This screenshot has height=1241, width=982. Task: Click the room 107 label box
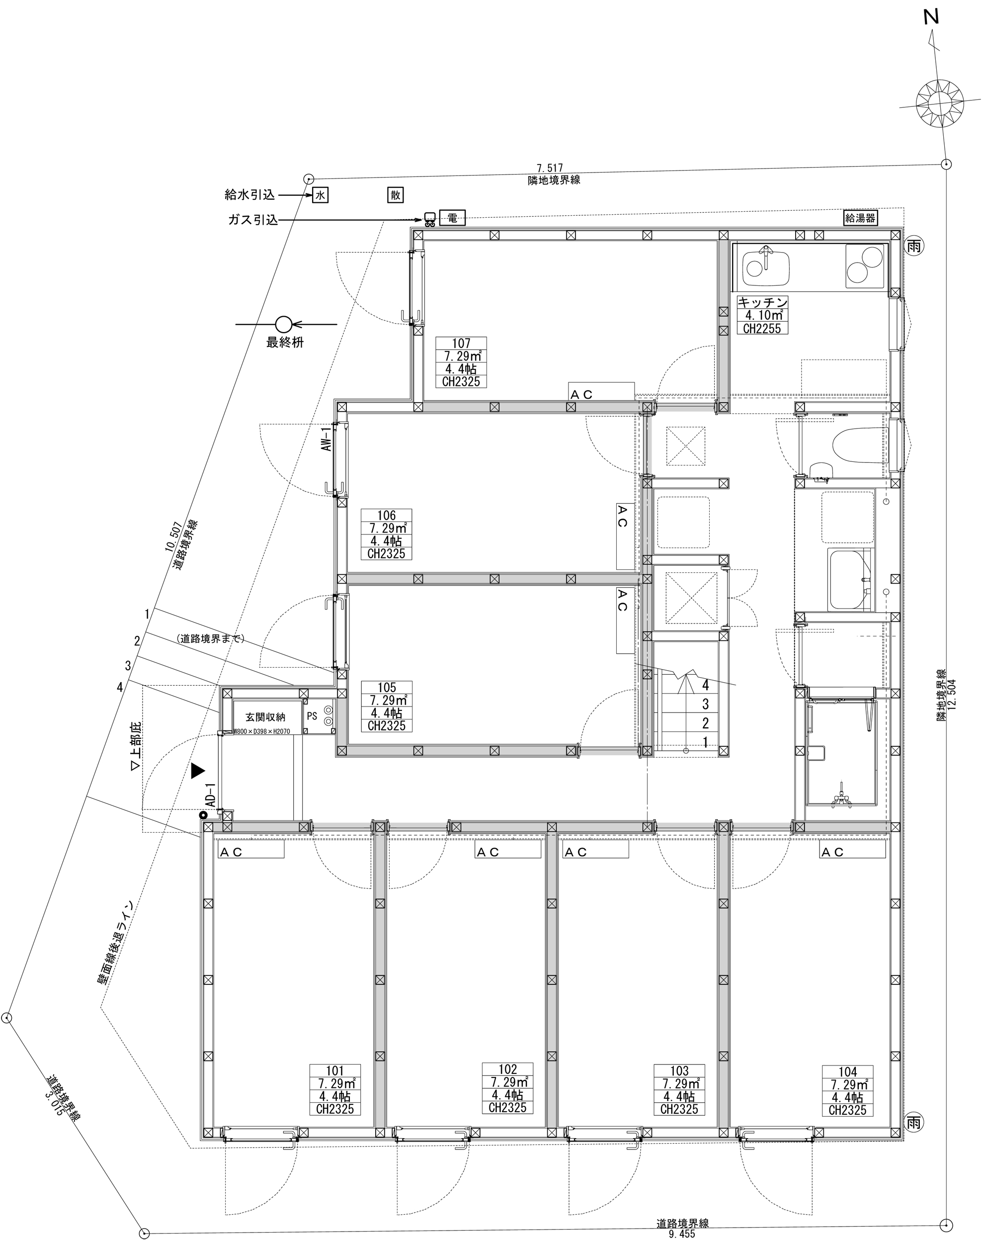tap(461, 362)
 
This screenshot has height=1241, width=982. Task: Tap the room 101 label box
tap(335, 1089)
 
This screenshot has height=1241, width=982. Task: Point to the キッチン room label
tap(763, 315)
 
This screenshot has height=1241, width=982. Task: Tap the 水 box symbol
tap(320, 195)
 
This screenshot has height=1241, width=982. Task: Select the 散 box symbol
tap(396, 195)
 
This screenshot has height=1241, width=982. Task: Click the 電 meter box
tap(452, 218)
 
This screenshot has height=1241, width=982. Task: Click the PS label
tap(312, 716)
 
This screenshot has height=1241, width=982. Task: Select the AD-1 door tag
tap(211, 794)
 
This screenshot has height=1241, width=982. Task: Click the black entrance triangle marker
tap(198, 771)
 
